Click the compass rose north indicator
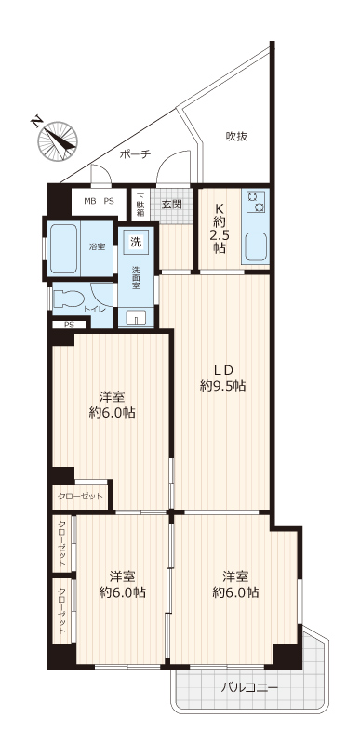57,141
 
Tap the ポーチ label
135,154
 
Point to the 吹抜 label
236,137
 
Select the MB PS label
100,201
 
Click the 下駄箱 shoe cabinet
140,205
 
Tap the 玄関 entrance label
172,205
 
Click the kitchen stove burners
255,202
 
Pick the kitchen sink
257,247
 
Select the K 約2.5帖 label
220,228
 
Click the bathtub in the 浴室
63,248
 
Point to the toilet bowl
68,299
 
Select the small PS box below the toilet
70,325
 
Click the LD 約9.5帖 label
222,378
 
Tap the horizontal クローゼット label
80,497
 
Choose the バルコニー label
249,687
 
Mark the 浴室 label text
98,246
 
